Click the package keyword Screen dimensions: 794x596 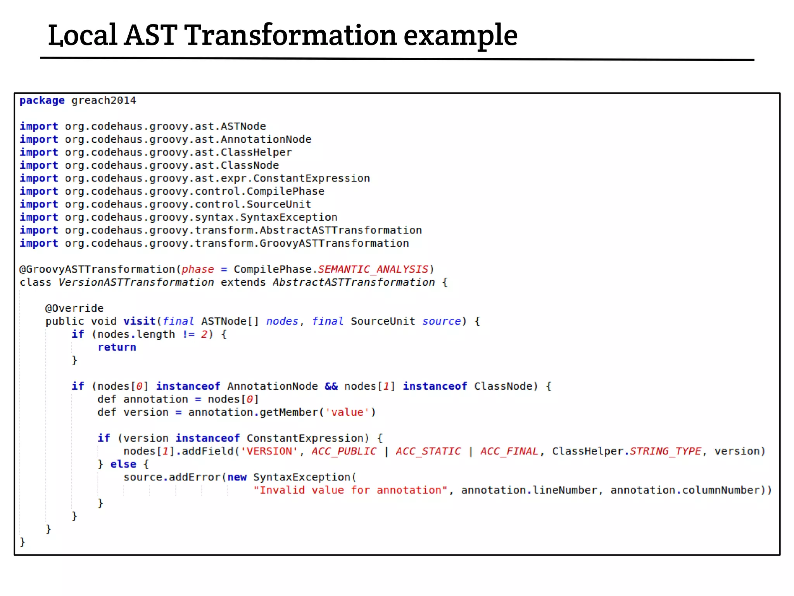(42, 100)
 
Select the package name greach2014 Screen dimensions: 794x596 (104, 100)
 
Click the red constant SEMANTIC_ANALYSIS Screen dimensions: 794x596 (373, 269)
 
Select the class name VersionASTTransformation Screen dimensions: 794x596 (136, 282)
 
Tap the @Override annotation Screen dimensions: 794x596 (74, 308)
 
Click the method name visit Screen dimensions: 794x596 (140, 321)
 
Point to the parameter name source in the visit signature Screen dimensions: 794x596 (441, 321)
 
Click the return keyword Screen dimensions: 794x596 (117, 347)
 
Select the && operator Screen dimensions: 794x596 (331, 386)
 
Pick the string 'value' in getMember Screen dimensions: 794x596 (347, 412)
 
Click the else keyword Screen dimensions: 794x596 (123, 464)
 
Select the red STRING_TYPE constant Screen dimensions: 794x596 (665, 451)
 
